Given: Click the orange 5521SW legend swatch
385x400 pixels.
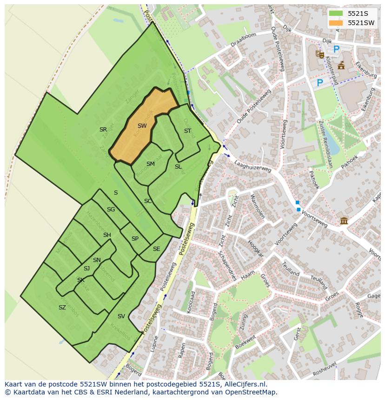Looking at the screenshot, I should point(336,23).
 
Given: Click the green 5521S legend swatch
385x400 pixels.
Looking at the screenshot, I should point(336,13).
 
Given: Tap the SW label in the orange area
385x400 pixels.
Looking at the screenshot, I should point(142,126).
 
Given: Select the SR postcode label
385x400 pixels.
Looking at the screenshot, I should point(103,130).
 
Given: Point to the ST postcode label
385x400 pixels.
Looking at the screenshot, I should point(187,131).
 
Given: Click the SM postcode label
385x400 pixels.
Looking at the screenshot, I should point(150,164).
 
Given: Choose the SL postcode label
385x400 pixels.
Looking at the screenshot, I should point(178,167).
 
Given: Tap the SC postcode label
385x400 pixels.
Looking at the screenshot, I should point(148,201).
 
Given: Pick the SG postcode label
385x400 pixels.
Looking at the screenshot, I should point(111,210).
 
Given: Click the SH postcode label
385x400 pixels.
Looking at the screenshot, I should point(107,235).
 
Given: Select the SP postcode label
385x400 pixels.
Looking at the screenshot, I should point(135,239).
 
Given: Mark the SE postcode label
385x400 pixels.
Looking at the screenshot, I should point(156,249).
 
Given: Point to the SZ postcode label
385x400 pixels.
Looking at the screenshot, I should point(62,308).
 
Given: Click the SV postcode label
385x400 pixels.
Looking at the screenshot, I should point(121,316).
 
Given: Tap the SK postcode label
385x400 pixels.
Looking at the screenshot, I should point(81,280).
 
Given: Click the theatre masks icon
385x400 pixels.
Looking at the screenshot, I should point(319,54).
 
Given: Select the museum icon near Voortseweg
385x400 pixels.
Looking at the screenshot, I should point(344,220).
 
